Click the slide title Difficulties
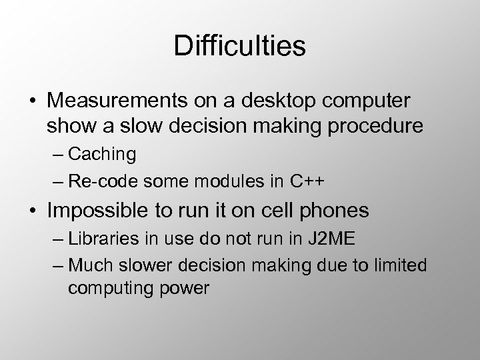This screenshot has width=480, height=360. pos(239,47)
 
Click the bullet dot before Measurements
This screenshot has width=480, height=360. pos(31,101)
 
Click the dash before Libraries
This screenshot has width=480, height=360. pos(55,239)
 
